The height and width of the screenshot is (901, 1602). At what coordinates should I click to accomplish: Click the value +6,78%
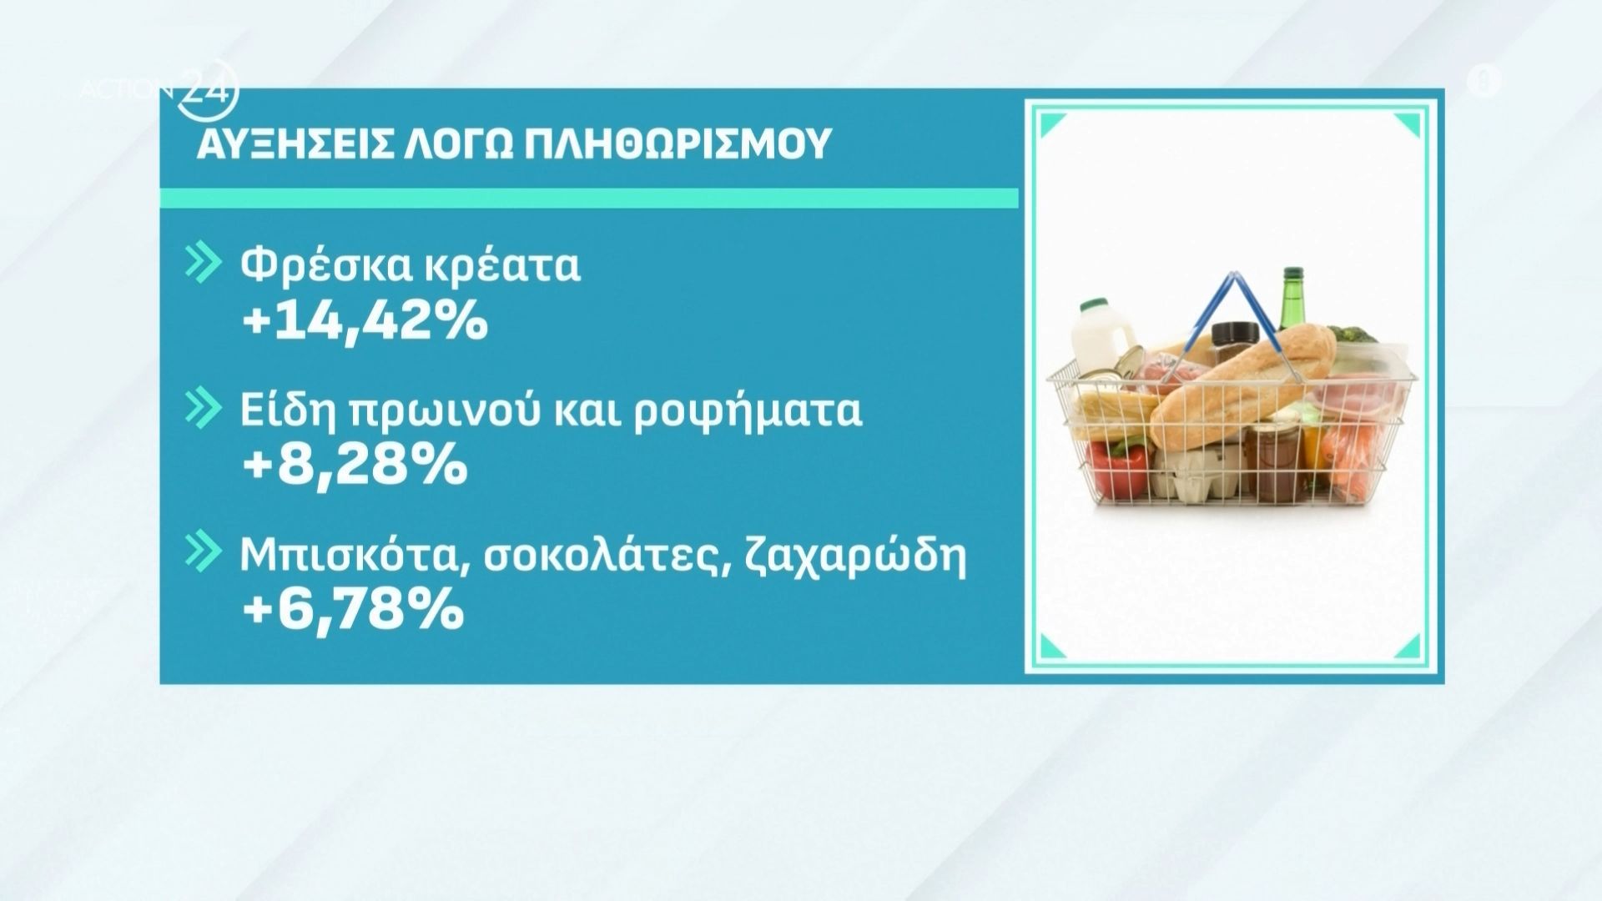pyautogui.click(x=352, y=612)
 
